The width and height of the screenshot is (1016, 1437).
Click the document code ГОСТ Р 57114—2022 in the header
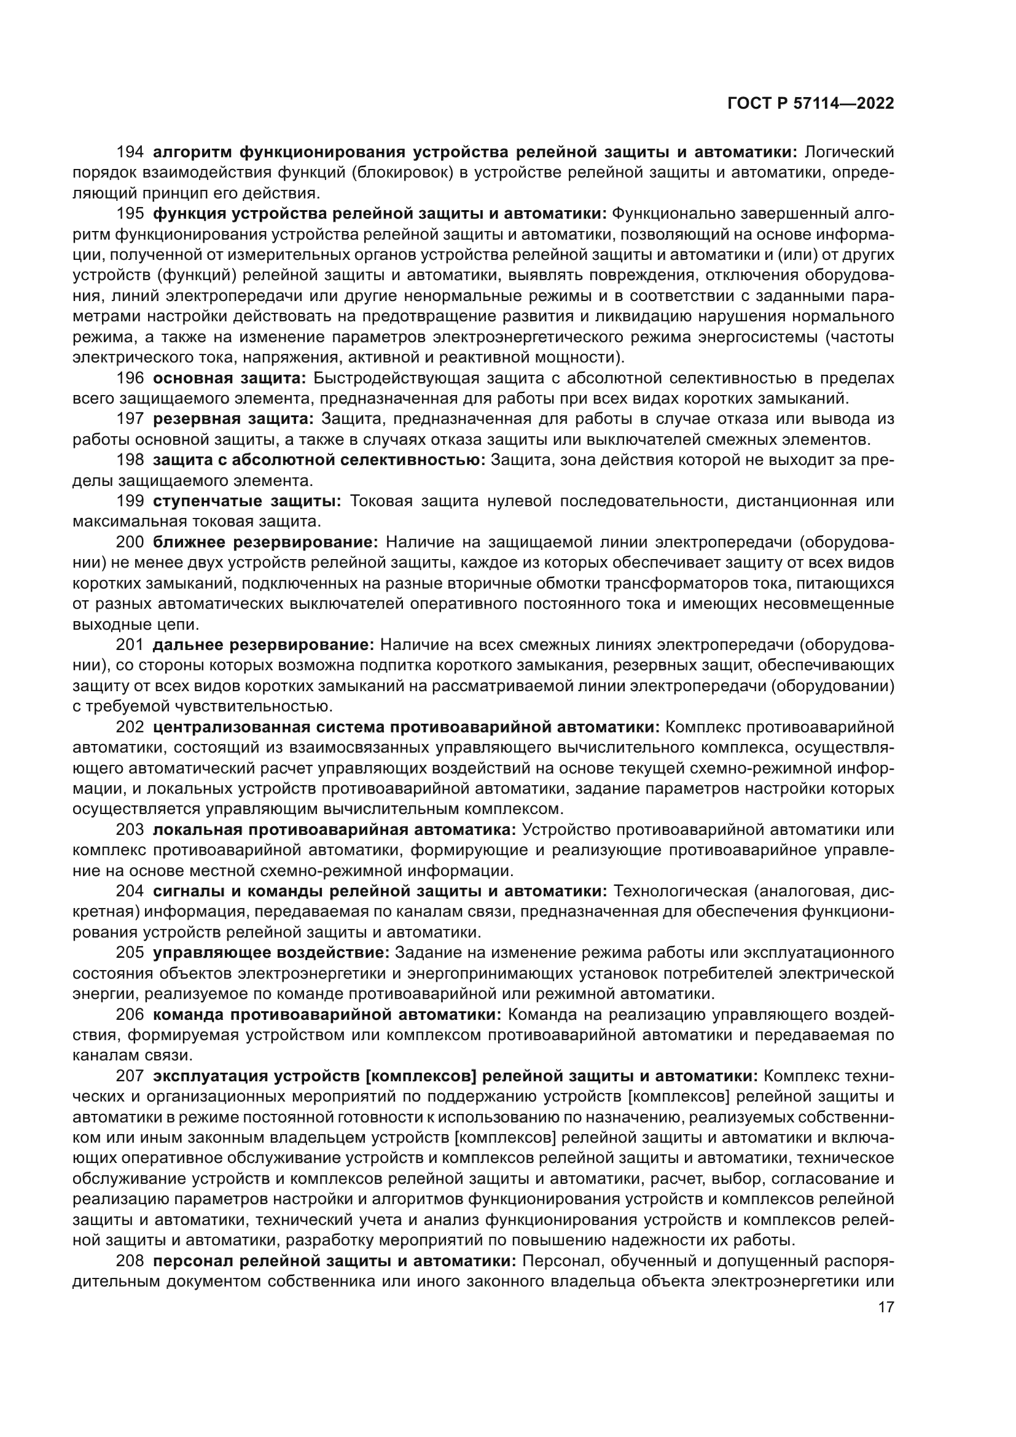click(810, 104)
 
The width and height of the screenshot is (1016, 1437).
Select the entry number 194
click(130, 152)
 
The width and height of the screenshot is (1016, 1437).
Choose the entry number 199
click(130, 501)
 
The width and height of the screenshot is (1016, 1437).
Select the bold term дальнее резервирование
click(263, 645)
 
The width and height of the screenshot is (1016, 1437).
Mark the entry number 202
click(130, 727)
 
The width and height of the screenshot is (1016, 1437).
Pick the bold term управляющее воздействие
click(271, 953)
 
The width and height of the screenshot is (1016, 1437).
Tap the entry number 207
click(130, 1076)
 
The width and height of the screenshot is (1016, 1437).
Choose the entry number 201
click(130, 645)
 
